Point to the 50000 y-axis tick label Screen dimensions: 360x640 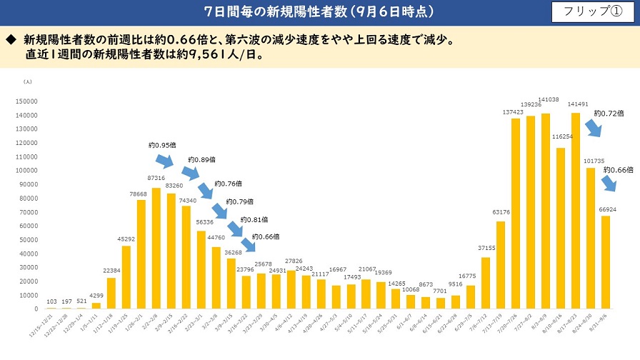(x=30, y=239)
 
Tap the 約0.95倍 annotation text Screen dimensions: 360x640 (x=161, y=145)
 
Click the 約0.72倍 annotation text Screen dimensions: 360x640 (x=609, y=113)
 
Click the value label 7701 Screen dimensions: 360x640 (x=439, y=292)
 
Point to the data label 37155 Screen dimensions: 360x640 (x=486, y=248)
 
